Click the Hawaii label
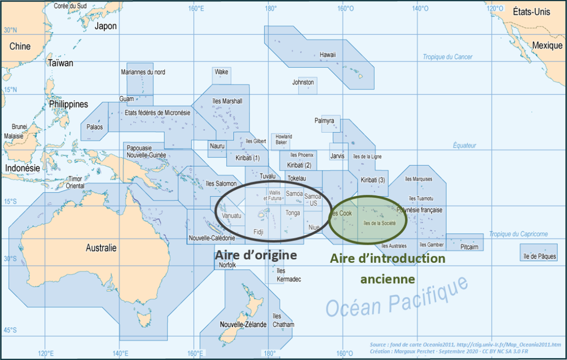[327, 55]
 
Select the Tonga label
[293, 213]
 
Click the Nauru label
[217, 146]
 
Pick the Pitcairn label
[469, 247]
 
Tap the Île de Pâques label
[540, 256]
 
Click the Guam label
[127, 99]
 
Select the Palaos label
[95, 127]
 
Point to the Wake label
[221, 72]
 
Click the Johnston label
[303, 83]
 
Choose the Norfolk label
[227, 265]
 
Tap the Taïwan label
[61, 63]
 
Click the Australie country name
[101, 248]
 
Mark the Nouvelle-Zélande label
[243, 325]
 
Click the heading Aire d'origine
[256, 255]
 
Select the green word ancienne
[388, 279]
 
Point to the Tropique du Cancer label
[447, 57]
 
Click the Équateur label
[464, 146]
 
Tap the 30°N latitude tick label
[10, 30]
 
